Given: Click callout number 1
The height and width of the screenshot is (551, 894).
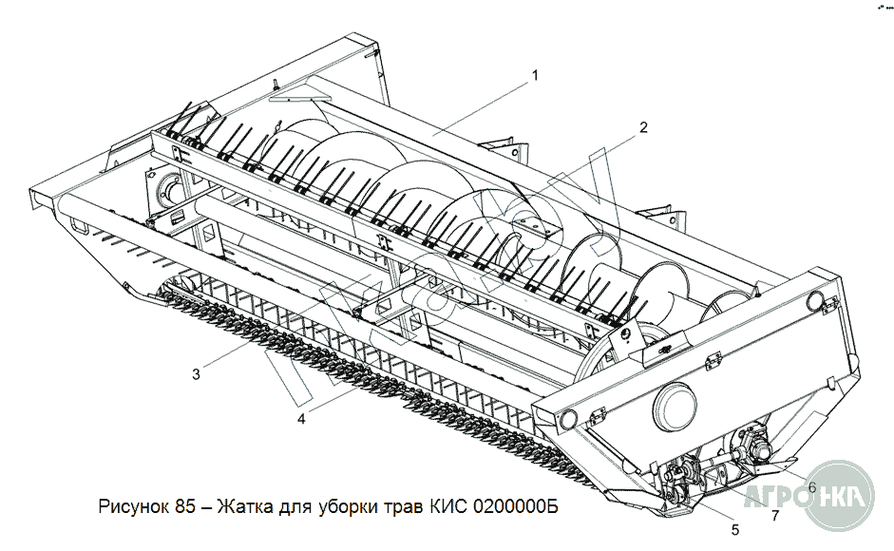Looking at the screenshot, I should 536,75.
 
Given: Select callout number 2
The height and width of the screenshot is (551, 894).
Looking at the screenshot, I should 643,127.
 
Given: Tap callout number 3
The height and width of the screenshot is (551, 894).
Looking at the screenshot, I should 196,373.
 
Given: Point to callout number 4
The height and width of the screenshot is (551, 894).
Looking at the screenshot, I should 301,418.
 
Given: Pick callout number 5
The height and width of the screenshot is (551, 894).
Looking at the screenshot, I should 734,529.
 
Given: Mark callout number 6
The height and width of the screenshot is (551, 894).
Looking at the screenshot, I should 811,487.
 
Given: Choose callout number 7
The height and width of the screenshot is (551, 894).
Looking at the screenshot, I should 775,516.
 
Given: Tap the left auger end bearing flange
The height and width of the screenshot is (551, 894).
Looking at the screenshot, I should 169,189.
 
